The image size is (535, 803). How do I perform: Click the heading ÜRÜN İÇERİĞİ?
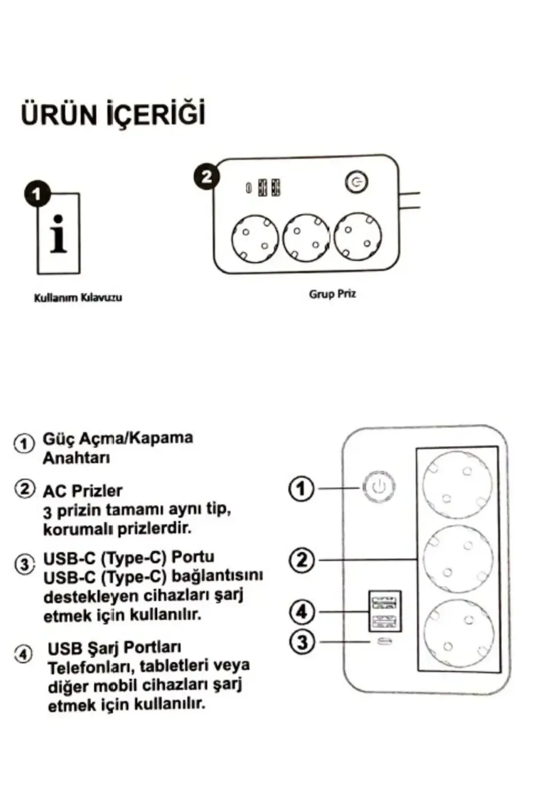click(113, 114)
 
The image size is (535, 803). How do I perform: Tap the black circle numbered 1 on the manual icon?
click(37, 194)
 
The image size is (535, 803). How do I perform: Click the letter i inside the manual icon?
click(58, 234)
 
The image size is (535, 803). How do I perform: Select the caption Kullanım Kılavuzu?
click(78, 298)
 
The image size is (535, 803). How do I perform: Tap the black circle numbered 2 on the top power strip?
click(207, 177)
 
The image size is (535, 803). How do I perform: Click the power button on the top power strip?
click(356, 183)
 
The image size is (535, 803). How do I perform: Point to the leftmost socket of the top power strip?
click(255, 239)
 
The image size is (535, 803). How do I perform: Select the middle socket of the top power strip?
click(306, 238)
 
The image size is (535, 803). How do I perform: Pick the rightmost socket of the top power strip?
click(357, 236)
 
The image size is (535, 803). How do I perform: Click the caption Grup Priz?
click(332, 294)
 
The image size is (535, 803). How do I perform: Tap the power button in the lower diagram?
click(379, 487)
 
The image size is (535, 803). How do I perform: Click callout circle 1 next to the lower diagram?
click(302, 488)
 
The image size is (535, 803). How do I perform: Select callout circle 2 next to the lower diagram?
click(302, 560)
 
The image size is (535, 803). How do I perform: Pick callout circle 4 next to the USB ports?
click(302, 611)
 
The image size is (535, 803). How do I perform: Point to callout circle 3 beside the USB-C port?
click(302, 641)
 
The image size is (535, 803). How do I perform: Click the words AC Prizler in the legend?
click(82, 490)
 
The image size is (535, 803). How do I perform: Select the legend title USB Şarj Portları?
click(114, 648)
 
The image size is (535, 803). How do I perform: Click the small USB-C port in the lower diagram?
click(385, 641)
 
